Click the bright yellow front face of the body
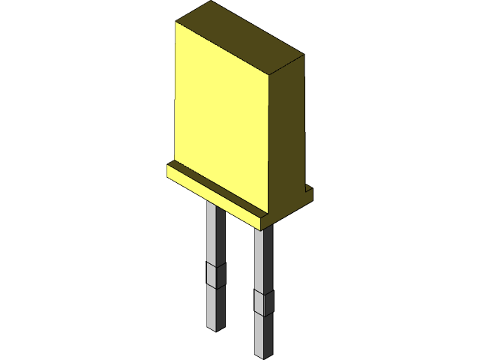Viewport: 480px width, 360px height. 221,112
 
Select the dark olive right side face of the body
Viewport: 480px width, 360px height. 287,135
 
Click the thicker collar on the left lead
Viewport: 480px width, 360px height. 215,275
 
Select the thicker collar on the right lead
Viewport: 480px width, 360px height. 263,301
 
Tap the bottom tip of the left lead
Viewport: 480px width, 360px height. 216,328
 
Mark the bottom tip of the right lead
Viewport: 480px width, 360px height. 263,354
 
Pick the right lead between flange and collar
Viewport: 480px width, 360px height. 263,259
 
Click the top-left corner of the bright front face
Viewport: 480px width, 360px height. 176,22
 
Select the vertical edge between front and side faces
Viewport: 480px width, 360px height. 269,142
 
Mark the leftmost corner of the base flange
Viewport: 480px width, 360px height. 167,170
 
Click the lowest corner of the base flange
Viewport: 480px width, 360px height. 260,229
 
